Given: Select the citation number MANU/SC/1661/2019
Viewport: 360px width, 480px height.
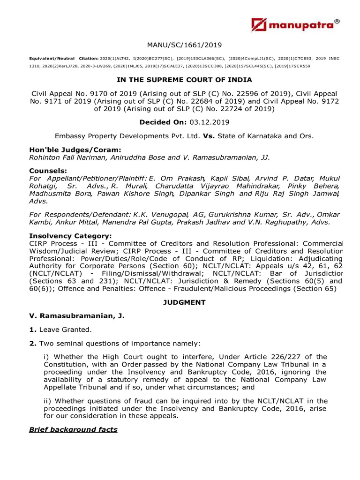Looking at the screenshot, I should pyautogui.click(x=184, y=45).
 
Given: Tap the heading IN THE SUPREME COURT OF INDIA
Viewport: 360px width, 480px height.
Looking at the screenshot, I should pyautogui.click(x=184, y=81).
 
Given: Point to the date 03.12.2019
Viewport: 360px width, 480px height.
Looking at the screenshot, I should pyautogui.click(x=210, y=122).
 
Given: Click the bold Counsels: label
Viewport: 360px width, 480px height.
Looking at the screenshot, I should pyautogui.click(x=48, y=171).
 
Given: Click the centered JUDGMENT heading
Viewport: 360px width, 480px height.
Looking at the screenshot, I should pyautogui.click(x=184, y=302).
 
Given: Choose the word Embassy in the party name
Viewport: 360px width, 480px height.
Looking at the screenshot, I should pyautogui.click(x=70, y=136).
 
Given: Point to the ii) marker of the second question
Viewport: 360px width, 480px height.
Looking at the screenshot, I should pyautogui.click(x=48, y=401).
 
